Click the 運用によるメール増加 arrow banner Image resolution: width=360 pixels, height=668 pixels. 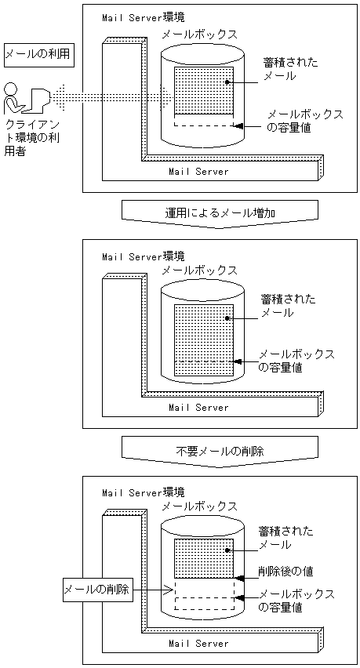[x=220, y=212]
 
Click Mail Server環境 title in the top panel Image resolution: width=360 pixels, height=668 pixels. [x=144, y=17]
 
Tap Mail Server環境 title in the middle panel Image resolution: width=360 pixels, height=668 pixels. [x=144, y=256]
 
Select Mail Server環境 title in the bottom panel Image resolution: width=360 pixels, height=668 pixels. [x=144, y=492]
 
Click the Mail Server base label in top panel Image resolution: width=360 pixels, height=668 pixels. [x=199, y=171]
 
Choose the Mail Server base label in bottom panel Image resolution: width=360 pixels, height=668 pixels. [x=199, y=644]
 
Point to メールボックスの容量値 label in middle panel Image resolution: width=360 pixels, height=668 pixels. [x=296, y=360]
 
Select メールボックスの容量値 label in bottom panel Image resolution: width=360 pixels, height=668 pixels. [x=296, y=600]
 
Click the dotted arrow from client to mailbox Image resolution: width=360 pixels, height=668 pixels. [x=110, y=96]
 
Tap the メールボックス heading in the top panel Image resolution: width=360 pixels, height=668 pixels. [x=199, y=34]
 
